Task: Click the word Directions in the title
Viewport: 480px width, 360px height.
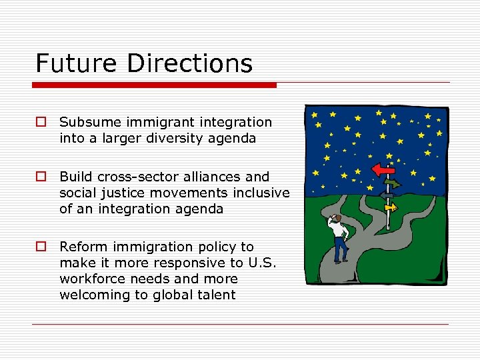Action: (x=189, y=64)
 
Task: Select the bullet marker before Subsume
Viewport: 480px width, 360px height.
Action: (x=41, y=123)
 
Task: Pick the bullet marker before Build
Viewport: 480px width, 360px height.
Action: (x=41, y=177)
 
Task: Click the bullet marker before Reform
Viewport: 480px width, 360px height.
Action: (x=41, y=247)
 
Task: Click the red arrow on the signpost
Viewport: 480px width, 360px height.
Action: (x=383, y=170)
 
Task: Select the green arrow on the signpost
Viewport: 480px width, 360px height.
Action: (x=391, y=184)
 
